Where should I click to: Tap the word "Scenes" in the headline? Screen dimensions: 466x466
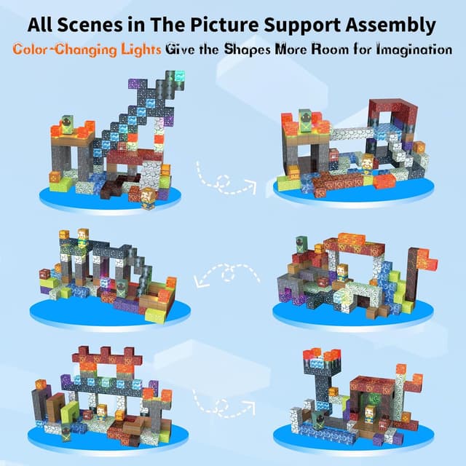pyautogui.click(x=95, y=25)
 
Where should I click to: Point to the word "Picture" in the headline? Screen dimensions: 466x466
pyautogui.click(x=237, y=25)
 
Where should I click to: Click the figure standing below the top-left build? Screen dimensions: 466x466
pyautogui.click(x=149, y=195)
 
